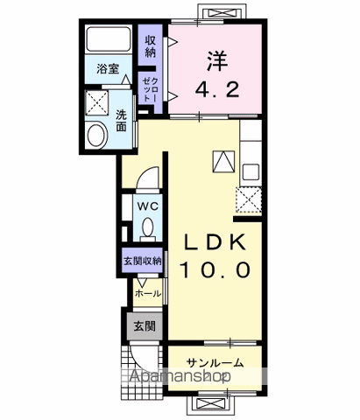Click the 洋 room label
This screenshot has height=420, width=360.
[216, 61]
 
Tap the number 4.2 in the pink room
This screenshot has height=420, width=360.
[216, 89]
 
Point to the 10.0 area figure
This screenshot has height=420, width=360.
[215, 267]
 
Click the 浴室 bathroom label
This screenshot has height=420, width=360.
[109, 67]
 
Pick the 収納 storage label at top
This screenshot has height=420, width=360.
[151, 45]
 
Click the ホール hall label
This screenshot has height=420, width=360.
[147, 293]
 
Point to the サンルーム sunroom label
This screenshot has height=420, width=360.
[214, 362]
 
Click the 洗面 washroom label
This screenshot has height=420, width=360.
[122, 120]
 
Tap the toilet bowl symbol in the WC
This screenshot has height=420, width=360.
[147, 228]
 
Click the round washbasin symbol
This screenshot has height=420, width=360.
[96, 134]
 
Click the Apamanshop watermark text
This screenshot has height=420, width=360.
[181, 378]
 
